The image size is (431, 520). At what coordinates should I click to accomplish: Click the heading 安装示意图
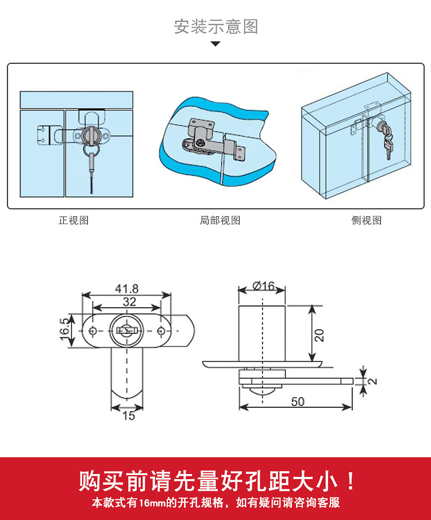(x=216, y=26)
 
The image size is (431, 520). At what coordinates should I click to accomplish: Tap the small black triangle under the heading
(x=215, y=44)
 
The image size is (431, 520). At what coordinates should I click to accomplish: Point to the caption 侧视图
(x=366, y=220)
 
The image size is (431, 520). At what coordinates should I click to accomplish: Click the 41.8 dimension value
(x=126, y=289)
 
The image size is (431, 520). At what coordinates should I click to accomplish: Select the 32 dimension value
(x=129, y=302)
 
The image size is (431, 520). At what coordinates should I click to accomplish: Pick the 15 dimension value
(x=129, y=415)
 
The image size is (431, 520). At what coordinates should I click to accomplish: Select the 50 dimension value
(x=298, y=402)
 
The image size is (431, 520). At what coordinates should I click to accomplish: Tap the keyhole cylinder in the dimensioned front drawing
(x=125, y=330)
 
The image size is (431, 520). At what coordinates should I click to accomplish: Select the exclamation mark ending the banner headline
(x=351, y=480)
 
